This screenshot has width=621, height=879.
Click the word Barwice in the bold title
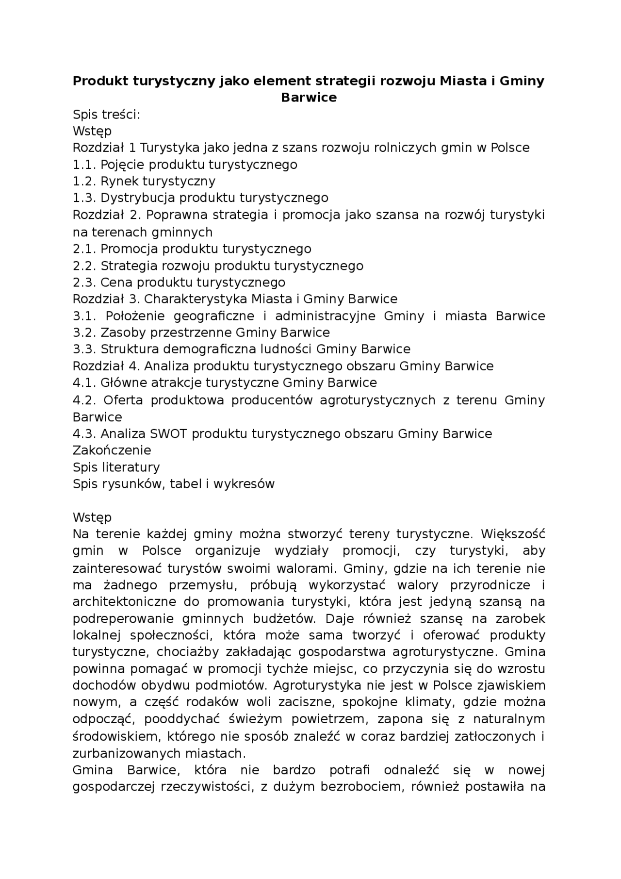309,98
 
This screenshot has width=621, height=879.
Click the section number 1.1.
84,165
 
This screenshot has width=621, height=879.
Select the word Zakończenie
112,450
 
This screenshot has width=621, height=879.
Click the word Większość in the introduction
513,534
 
